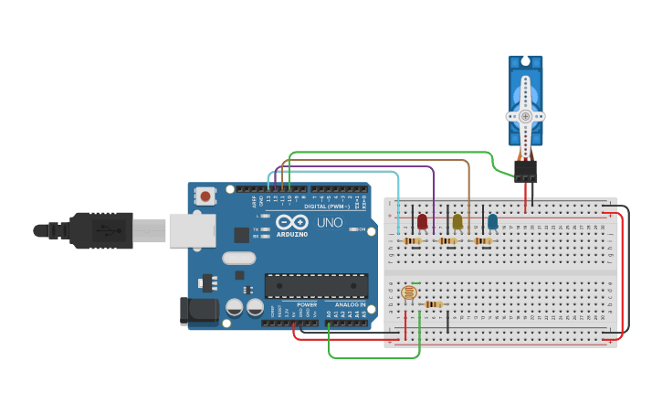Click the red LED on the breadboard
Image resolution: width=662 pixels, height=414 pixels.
pos(422,221)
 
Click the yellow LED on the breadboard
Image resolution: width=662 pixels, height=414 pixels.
pos(457,221)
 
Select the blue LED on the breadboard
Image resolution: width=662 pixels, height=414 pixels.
pos(493,221)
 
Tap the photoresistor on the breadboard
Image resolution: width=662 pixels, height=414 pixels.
pos(408,293)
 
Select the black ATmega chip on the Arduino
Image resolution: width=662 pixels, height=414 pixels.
pos(316,285)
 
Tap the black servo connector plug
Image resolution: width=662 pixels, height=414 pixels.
pos(526,171)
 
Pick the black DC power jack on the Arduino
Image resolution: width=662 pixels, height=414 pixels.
pos(199,311)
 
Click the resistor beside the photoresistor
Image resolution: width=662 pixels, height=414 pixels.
pos(434,304)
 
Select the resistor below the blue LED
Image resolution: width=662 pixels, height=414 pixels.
pos(482,241)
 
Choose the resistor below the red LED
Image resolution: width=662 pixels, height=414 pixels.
pos(413,241)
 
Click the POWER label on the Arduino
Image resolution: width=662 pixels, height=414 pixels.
pos(307,304)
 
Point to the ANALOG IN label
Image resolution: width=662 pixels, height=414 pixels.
pos(349,304)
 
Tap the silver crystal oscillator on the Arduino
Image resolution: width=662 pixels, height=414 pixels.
pos(238,259)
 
